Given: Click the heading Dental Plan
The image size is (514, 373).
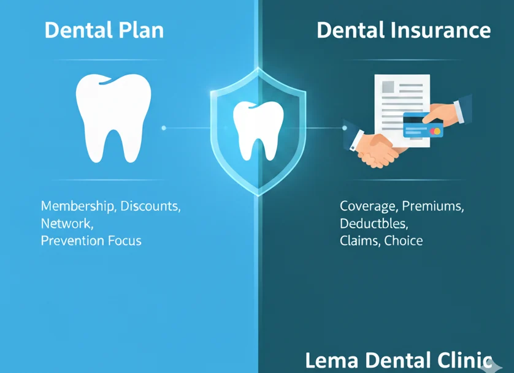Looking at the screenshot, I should (x=104, y=30).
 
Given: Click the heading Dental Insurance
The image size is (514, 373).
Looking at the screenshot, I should (x=403, y=30).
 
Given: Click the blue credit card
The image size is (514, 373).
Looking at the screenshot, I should (x=423, y=126).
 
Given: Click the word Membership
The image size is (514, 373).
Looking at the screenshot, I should (x=78, y=206).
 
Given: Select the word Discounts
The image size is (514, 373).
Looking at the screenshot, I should (x=150, y=206).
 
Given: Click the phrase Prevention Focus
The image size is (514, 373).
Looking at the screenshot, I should (x=91, y=240).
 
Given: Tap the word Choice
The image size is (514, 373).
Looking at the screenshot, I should (x=404, y=240).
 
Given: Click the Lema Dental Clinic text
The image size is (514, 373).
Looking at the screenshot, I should (x=399, y=360).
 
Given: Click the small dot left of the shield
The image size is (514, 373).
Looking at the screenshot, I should (x=164, y=128).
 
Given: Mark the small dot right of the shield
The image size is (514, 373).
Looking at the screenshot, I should (x=344, y=128).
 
